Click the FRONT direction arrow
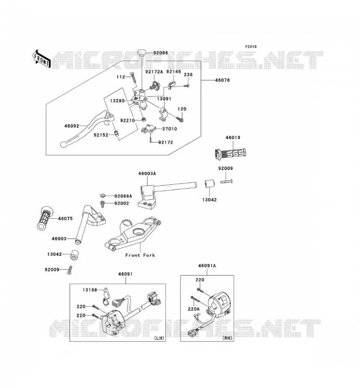(x=42, y=59)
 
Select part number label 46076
(x=222, y=80)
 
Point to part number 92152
(x=101, y=135)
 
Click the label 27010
(x=170, y=129)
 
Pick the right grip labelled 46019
(x=230, y=153)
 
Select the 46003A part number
(x=147, y=174)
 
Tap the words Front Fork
(x=140, y=255)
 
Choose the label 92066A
(x=123, y=196)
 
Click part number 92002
(x=122, y=203)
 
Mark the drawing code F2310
(x=251, y=47)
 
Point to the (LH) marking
(x=159, y=338)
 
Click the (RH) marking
(x=227, y=338)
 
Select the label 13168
(x=90, y=290)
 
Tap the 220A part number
(x=194, y=309)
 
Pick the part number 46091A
(x=207, y=266)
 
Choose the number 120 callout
(x=182, y=109)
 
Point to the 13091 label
(x=164, y=98)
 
